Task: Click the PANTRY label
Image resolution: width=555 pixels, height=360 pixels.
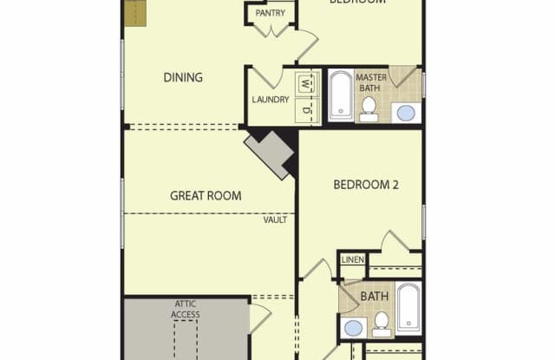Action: (x=270, y=13)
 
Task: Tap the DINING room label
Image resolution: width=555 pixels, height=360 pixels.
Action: (x=183, y=77)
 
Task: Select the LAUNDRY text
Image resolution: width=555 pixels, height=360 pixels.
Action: (x=270, y=100)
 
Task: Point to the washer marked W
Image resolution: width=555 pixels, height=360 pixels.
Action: (x=304, y=85)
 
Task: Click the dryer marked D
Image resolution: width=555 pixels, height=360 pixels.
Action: (x=304, y=110)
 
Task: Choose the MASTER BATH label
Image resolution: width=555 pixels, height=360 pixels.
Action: (x=371, y=82)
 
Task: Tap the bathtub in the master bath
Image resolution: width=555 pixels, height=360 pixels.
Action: (x=339, y=95)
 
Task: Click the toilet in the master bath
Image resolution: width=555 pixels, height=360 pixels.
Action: (x=369, y=108)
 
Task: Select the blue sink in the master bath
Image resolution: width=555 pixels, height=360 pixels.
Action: (x=405, y=111)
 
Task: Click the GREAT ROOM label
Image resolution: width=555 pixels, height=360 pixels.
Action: (x=206, y=195)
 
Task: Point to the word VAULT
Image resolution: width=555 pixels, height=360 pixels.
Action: (x=275, y=219)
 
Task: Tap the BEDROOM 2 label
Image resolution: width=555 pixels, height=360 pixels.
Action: (x=366, y=184)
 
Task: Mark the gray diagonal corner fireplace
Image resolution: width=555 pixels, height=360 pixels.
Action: (x=270, y=154)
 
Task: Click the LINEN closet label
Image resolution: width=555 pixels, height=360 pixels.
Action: (x=353, y=259)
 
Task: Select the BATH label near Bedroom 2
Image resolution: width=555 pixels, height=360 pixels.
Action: (x=375, y=297)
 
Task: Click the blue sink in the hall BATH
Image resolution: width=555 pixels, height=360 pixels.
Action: (x=354, y=327)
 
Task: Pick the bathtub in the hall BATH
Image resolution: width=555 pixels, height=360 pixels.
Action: (x=408, y=308)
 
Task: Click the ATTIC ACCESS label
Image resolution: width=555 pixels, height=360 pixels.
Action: (x=186, y=308)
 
